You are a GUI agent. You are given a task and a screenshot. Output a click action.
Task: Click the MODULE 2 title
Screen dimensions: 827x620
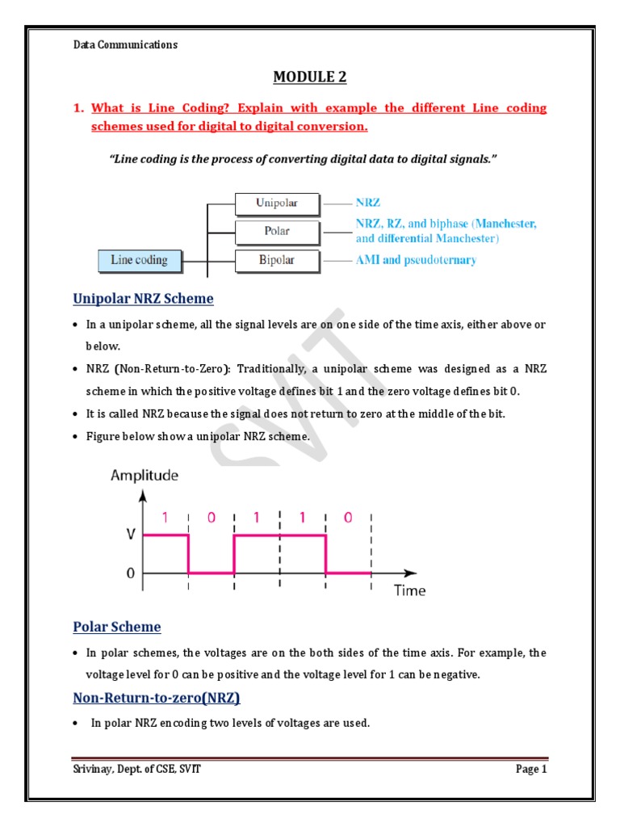pyautogui.click(x=310, y=77)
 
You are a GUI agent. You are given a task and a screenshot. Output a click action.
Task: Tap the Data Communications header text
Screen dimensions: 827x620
pyautogui.click(x=125, y=45)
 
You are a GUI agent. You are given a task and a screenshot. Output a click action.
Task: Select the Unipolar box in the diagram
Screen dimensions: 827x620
pyautogui.click(x=276, y=203)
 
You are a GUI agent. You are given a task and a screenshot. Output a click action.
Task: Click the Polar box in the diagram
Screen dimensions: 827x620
pyautogui.click(x=276, y=231)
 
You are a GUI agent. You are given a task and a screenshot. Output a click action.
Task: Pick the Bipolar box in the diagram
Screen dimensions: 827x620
pyautogui.click(x=276, y=260)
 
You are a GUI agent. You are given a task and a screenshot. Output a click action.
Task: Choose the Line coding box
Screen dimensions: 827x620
pyautogui.click(x=139, y=260)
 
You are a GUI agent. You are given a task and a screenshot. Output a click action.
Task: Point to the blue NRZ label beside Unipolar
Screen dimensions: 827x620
pyautogui.click(x=367, y=203)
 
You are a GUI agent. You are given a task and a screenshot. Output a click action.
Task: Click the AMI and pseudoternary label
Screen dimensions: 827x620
pyautogui.click(x=416, y=260)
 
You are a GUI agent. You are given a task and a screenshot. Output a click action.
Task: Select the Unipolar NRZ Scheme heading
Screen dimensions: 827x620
pyautogui.click(x=144, y=299)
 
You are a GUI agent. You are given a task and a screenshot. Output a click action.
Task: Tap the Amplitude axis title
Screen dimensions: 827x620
pyautogui.click(x=145, y=476)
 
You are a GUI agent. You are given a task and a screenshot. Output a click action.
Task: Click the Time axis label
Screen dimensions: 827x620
pyautogui.click(x=409, y=590)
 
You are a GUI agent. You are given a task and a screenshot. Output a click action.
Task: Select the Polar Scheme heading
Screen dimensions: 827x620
pyautogui.click(x=117, y=627)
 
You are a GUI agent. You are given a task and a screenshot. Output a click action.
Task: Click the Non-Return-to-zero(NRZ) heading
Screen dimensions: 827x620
pyautogui.click(x=157, y=697)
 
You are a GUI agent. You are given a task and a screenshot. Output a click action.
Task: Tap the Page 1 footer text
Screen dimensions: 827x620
pyautogui.click(x=531, y=770)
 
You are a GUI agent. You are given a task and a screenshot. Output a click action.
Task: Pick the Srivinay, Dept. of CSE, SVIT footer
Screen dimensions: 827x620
pyautogui.click(x=137, y=770)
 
